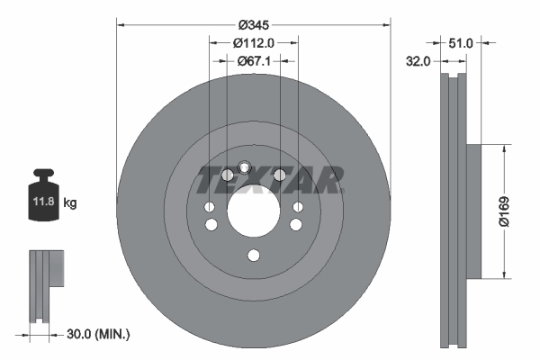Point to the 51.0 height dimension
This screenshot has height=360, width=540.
(x=461, y=41)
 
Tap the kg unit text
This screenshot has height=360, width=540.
(x=70, y=203)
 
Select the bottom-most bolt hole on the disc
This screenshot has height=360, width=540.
(x=253, y=256)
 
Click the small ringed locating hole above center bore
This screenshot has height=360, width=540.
(x=244, y=166)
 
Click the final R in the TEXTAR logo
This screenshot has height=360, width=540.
(x=328, y=181)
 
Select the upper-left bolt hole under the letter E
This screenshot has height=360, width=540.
(x=227, y=175)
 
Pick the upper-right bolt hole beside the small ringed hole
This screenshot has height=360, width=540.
(x=279, y=175)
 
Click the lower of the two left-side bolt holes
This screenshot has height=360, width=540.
(x=210, y=225)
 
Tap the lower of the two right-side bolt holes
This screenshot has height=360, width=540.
(x=297, y=225)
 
